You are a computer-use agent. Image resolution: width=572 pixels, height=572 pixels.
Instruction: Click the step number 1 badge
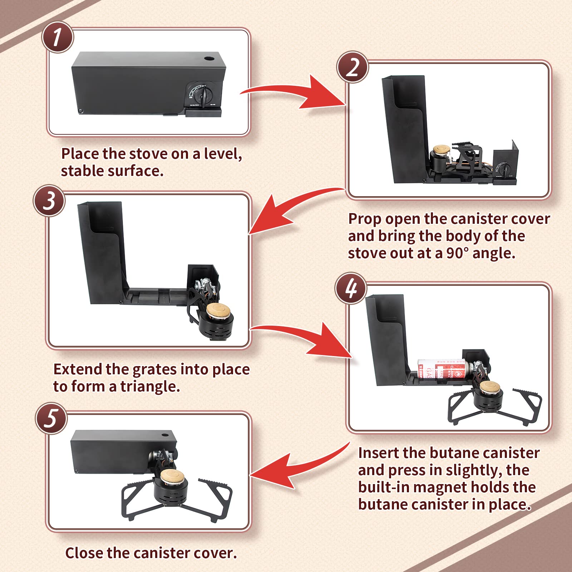click(58, 37)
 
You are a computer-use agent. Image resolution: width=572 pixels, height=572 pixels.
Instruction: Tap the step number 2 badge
click(352, 67)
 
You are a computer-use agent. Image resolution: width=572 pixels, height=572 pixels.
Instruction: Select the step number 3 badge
click(49, 201)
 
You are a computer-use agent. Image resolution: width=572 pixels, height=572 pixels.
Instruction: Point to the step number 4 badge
click(351, 288)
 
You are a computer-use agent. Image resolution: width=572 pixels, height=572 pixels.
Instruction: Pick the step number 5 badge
click(51, 418)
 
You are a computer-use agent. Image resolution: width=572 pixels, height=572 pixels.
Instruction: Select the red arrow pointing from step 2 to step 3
click(286, 207)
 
